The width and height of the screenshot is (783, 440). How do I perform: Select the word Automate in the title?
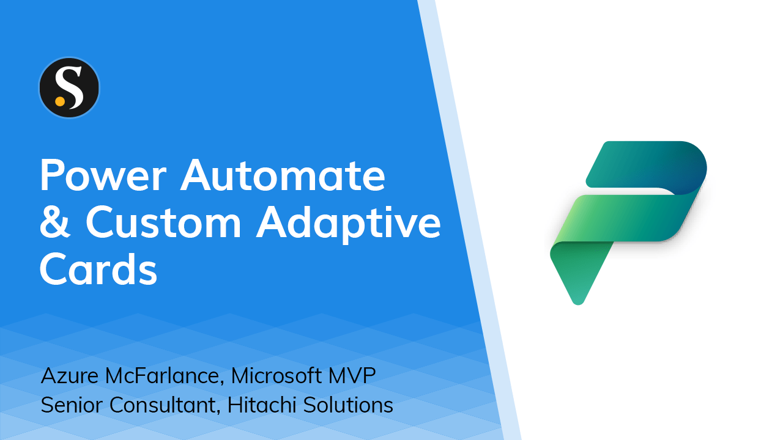283,176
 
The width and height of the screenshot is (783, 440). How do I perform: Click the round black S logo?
69,87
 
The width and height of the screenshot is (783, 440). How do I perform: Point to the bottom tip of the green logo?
577,300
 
